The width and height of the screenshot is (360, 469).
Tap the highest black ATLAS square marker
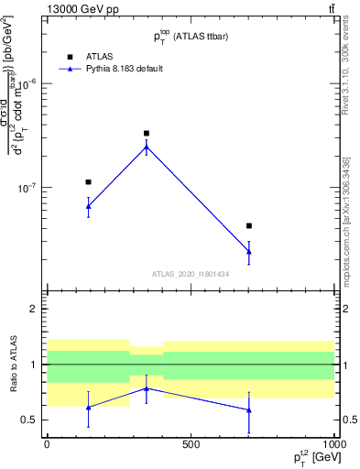(147, 134)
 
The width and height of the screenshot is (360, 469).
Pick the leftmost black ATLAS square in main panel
(88, 182)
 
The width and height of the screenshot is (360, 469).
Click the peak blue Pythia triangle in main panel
(147, 147)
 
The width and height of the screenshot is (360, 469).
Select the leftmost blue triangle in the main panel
(88, 206)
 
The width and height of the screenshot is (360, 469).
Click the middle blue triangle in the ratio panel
(147, 388)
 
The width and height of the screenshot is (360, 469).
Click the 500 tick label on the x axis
(191, 444)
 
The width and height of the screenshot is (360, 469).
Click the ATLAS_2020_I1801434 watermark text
(190, 274)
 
